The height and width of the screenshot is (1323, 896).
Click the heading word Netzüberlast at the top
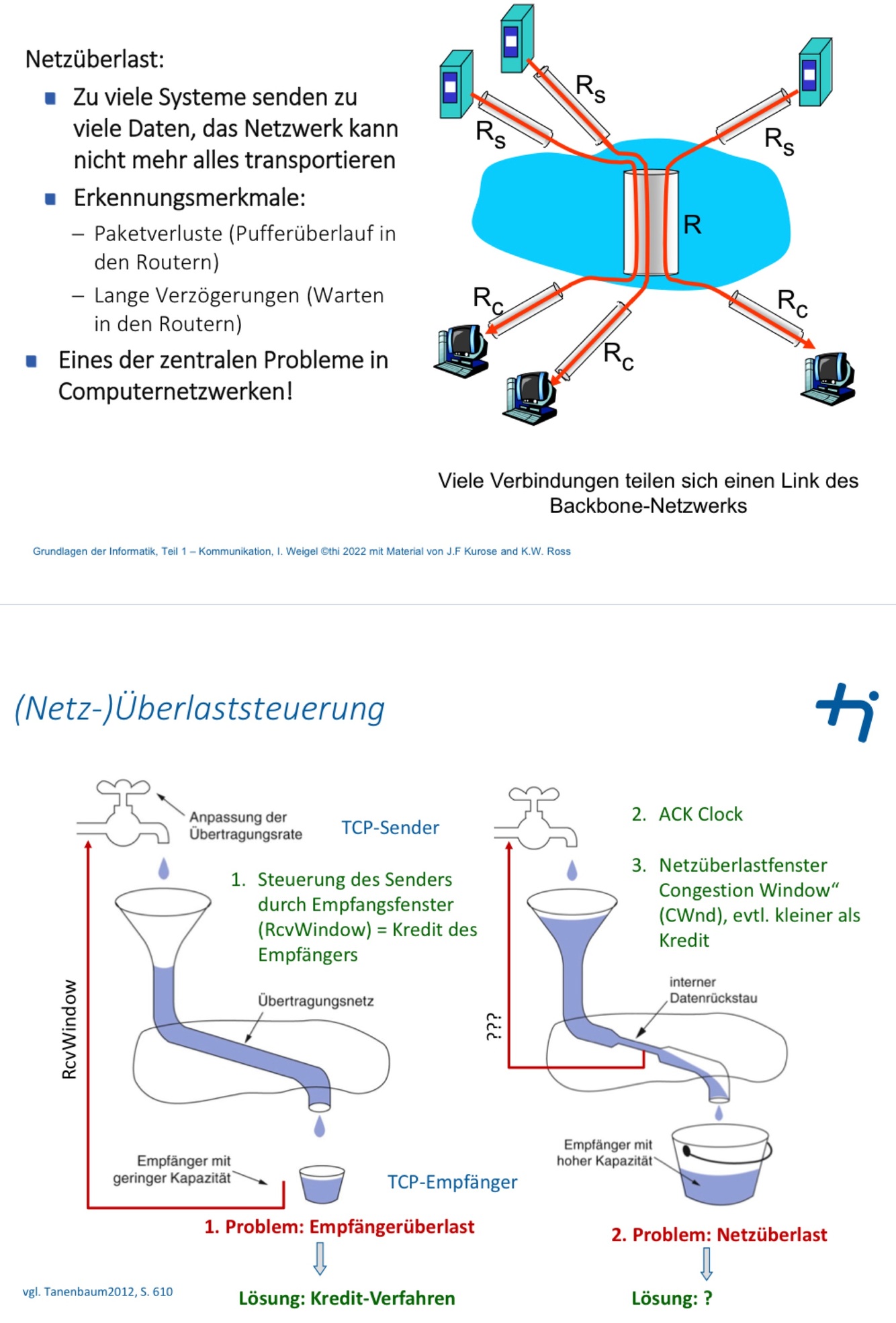click(94, 59)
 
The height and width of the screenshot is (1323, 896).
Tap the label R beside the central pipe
click(692, 224)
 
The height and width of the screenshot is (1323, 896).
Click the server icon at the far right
click(815, 73)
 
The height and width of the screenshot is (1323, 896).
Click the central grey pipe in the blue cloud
click(650, 222)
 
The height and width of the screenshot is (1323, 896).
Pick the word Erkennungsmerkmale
click(189, 197)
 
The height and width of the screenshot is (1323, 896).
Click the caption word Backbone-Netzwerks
click(647, 506)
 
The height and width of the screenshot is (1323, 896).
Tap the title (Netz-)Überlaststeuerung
click(199, 708)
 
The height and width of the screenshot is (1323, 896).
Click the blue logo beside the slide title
click(847, 711)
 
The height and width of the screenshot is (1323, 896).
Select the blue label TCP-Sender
click(390, 827)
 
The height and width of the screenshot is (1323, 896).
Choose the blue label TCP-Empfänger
click(452, 1182)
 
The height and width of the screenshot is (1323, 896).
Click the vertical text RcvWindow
click(69, 1029)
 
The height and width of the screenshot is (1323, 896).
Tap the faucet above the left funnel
click(124, 814)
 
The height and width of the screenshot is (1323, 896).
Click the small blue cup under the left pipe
click(322, 1183)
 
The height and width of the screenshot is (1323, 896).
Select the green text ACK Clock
click(700, 814)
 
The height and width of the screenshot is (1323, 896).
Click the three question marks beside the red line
click(494, 1026)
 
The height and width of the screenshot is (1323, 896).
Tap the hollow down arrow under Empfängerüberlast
click(320, 1258)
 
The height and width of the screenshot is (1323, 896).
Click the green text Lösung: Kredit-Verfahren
click(347, 1298)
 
